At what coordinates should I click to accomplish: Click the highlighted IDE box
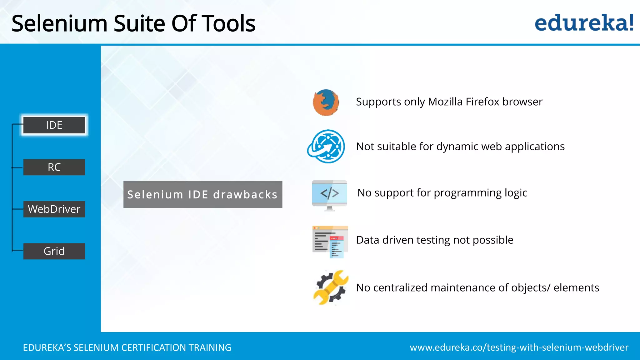pos(54,125)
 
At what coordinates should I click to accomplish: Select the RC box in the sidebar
pos(54,167)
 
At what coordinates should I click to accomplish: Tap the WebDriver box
pos(54,209)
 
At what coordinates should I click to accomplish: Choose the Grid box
pos(54,251)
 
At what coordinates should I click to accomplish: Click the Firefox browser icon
pos(326,102)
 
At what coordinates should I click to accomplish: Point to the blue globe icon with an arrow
pos(327,146)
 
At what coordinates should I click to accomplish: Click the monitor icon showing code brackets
pos(329,195)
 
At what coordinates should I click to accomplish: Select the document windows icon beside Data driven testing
pos(330,241)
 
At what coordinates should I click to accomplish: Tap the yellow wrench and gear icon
pos(331,287)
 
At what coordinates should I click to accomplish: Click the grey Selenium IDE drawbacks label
pos(203,194)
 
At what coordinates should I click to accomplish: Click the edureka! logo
pos(584,23)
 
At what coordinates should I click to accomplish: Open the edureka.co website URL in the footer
pos(519,347)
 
